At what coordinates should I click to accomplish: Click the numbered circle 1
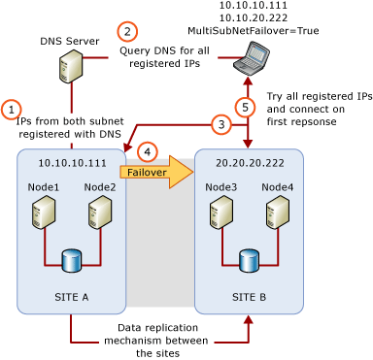11,110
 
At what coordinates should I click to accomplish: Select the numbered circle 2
127,31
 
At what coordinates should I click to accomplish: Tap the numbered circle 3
221,124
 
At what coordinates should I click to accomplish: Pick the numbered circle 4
147,152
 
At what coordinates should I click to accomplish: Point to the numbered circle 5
247,106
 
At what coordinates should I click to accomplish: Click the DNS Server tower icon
71,66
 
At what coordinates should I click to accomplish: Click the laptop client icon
251,58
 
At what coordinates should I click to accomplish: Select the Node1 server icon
43,212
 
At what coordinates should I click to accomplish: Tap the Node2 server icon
99,212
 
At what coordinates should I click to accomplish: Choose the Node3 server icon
220,212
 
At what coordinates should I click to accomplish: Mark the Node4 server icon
277,212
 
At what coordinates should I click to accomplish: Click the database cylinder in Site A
71,260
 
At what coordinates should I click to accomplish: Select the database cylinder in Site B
249,260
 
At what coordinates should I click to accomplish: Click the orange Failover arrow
155,173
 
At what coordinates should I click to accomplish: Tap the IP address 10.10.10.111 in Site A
72,163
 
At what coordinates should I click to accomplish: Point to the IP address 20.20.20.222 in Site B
250,163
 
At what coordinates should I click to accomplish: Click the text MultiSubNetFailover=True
253,31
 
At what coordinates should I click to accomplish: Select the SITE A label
72,297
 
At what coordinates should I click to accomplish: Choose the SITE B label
250,297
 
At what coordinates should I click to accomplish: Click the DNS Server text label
69,42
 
